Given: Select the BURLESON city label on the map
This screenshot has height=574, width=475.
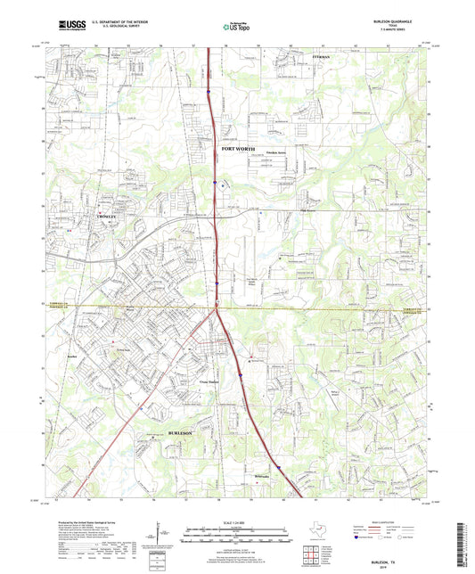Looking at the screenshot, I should point(181,431).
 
